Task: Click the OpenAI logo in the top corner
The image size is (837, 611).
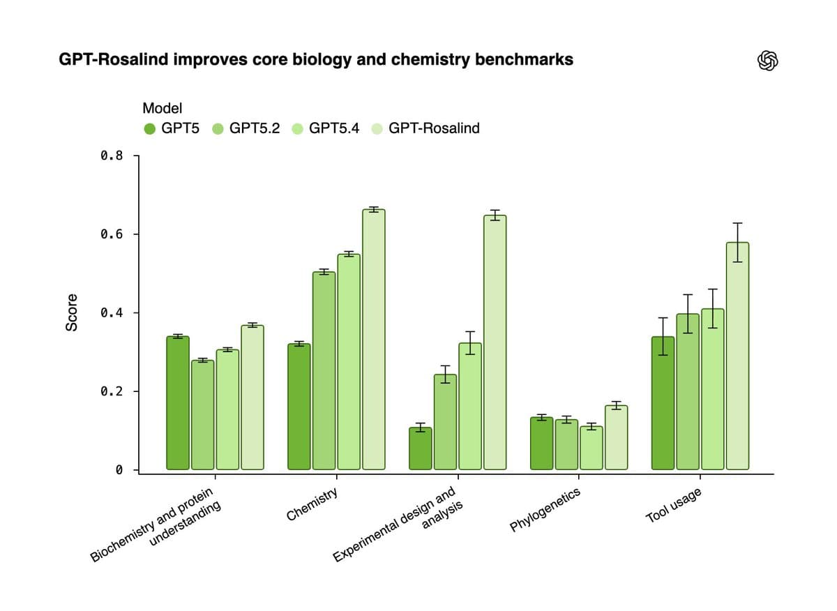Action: [767, 61]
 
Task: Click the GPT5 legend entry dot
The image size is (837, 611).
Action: [149, 128]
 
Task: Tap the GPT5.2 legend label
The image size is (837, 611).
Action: [254, 128]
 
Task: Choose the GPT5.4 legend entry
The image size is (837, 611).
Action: [333, 128]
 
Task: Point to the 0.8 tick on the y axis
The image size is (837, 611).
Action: [111, 156]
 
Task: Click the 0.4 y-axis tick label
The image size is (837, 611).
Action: [111, 313]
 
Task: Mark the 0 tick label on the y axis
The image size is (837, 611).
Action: [119, 470]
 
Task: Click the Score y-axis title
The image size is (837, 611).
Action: [71, 312]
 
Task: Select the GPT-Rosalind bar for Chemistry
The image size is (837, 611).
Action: [374, 339]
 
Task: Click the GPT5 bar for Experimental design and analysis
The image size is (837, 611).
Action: [420, 448]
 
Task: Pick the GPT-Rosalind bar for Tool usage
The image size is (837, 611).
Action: [737, 356]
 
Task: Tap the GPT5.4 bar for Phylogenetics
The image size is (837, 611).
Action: [591, 447]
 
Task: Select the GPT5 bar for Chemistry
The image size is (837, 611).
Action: [299, 406]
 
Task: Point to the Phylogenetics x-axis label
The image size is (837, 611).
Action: [545, 511]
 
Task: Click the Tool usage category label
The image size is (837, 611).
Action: [673, 506]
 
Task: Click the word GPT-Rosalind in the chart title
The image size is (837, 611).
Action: [112, 60]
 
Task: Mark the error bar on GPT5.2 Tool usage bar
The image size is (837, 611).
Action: [688, 314]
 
